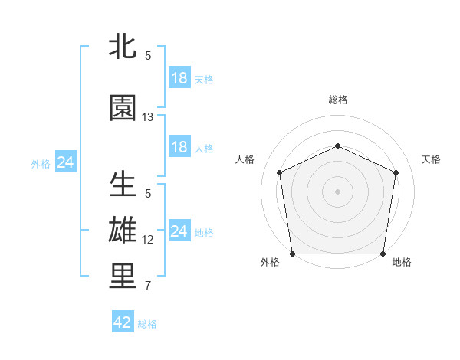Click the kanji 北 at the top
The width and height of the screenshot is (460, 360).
point(123,47)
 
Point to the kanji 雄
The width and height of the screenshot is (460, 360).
point(123,230)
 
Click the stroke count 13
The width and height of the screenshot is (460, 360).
point(148,117)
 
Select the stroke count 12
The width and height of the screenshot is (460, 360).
point(148,240)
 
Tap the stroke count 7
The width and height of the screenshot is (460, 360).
point(148,286)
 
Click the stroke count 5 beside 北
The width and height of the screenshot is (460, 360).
point(148,56)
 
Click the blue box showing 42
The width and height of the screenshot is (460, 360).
point(123,322)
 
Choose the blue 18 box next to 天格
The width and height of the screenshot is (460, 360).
point(179,78)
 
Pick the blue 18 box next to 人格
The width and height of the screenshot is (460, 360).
point(179,147)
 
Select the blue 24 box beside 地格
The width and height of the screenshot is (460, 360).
point(179,231)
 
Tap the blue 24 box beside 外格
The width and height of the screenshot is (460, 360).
point(66,162)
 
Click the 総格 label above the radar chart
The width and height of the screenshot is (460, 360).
point(337,100)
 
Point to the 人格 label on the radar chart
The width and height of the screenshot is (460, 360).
point(245,159)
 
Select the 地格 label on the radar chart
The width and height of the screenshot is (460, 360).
point(402,263)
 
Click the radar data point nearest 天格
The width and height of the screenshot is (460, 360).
point(396,172)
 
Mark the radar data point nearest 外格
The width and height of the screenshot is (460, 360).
point(292,254)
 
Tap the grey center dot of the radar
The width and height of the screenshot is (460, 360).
point(337,191)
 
